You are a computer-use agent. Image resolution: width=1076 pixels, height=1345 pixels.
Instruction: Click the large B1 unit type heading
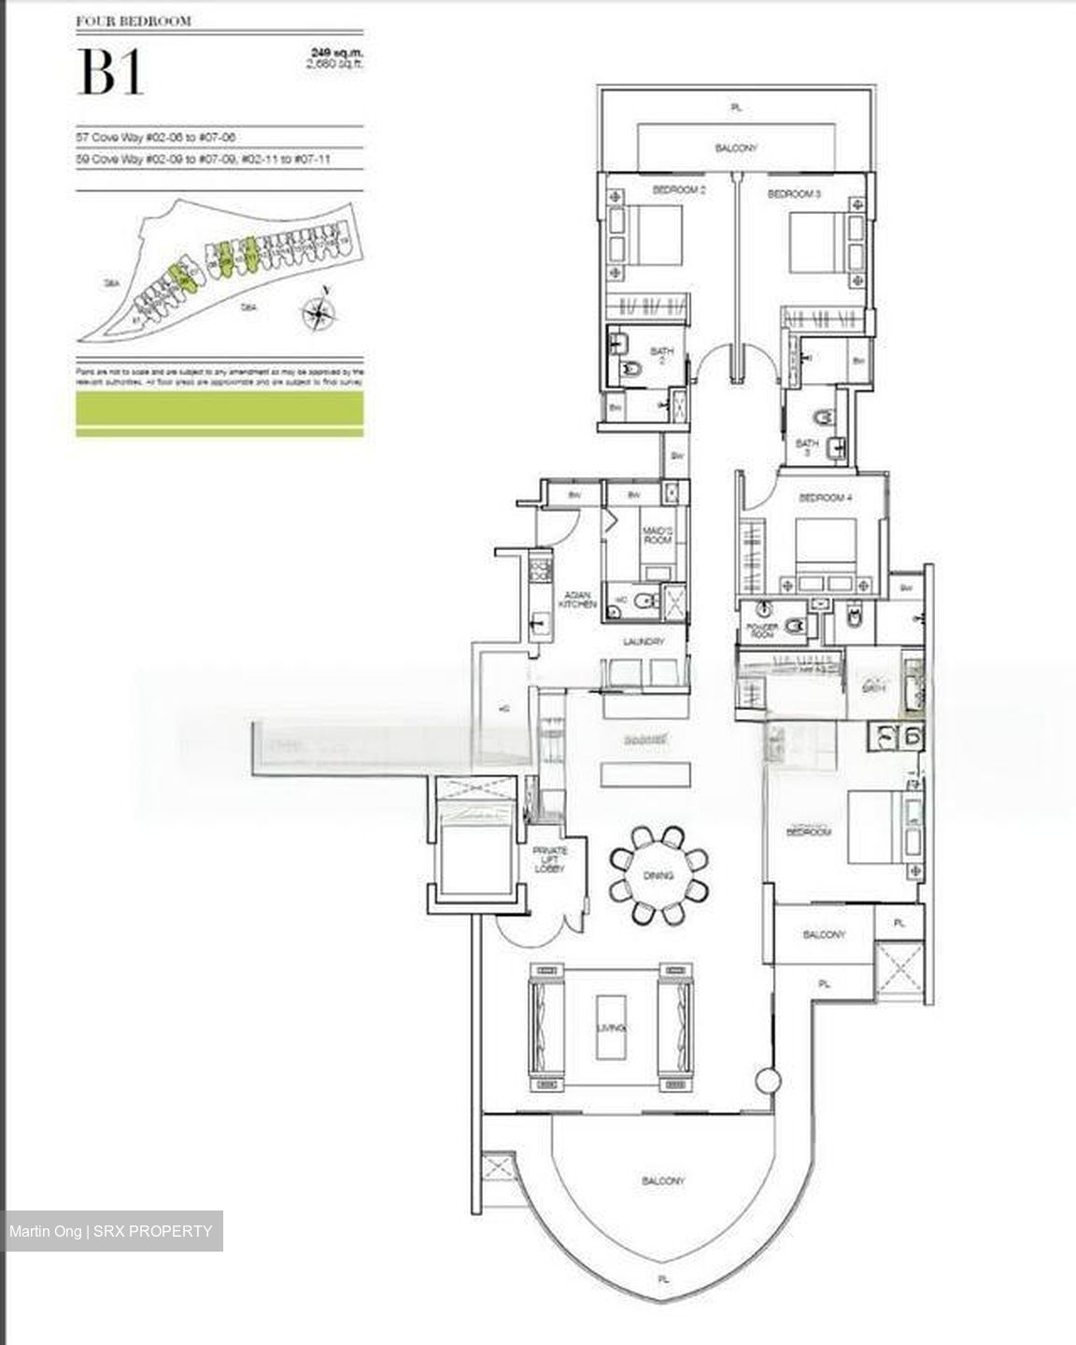coord(111,73)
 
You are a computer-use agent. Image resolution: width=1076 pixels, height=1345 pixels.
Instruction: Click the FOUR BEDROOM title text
coord(134,21)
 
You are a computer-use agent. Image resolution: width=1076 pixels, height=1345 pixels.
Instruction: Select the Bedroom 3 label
coord(794,194)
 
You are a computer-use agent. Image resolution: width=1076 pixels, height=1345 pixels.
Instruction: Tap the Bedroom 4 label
coord(825,498)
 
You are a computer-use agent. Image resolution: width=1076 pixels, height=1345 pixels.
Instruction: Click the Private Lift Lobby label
coord(550,860)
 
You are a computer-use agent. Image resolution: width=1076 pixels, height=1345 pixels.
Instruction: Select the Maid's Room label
coord(652,535)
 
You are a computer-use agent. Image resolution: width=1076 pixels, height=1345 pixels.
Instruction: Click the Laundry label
coord(644,642)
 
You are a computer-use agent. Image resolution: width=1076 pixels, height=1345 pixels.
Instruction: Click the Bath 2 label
coord(661,357)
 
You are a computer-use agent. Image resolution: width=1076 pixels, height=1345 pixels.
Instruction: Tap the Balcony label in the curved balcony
coord(664,1182)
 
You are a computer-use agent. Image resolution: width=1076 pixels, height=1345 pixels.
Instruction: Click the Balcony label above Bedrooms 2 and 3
coord(736,148)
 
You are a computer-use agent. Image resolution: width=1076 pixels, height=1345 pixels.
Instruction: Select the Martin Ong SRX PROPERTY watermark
coord(111,1231)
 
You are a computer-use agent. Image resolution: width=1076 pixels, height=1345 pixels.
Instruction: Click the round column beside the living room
coord(766,1081)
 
